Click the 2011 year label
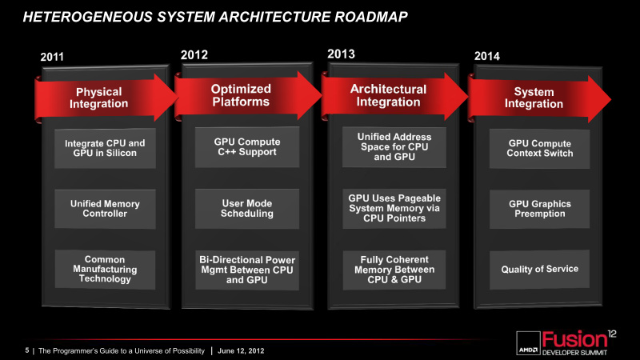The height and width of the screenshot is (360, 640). point(52,57)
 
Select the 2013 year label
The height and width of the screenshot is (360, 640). point(342,54)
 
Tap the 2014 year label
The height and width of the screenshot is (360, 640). point(487,56)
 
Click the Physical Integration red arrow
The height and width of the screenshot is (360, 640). point(106,98)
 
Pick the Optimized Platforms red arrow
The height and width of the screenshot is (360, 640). point(248,95)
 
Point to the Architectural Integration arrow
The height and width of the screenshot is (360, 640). point(394,96)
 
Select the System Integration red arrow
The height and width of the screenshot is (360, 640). point(538,98)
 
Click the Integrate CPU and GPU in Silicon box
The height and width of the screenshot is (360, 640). point(105,148)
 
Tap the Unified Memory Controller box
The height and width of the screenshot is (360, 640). point(105,209)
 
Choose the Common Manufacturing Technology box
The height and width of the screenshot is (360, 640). point(105,270)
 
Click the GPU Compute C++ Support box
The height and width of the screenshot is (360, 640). point(247,147)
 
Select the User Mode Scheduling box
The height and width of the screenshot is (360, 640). point(247,208)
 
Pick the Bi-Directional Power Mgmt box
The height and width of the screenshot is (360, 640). point(247,270)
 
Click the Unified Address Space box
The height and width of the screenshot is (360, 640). point(394,147)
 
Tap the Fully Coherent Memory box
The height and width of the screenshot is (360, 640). point(394,270)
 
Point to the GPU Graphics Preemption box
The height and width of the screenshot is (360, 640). point(539,209)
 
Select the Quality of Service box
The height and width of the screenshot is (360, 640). point(539,270)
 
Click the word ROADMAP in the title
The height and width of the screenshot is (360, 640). point(370,17)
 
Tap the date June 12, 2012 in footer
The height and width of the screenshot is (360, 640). point(241,350)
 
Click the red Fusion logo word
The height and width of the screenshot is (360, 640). point(574,339)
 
